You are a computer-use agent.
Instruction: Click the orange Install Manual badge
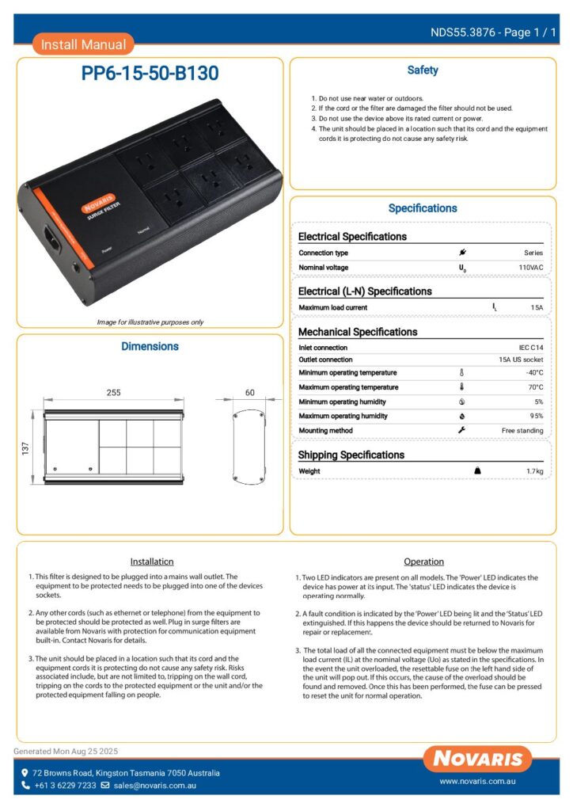click(83, 44)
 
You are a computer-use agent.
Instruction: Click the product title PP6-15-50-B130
click(150, 74)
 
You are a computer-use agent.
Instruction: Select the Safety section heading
click(423, 70)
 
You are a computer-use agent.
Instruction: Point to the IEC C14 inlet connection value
click(529, 348)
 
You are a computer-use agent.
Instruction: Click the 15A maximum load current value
click(537, 307)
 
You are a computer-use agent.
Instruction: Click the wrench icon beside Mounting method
click(462, 430)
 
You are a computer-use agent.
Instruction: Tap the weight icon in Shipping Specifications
click(477, 470)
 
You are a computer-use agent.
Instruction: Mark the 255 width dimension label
click(114, 393)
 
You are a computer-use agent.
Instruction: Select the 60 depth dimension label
click(250, 393)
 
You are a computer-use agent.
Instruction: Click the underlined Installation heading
click(151, 562)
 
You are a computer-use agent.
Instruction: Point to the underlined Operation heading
click(424, 562)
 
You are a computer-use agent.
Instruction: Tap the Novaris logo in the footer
click(477, 759)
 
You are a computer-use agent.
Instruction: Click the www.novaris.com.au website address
click(478, 782)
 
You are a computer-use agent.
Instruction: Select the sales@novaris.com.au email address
click(154, 786)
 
